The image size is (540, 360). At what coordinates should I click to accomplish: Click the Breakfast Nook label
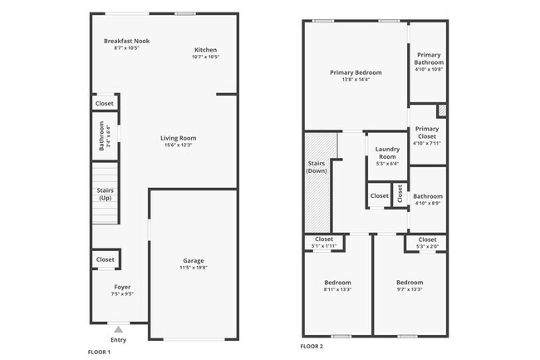pyautogui.click(x=126, y=41)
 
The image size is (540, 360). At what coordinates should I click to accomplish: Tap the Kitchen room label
pyautogui.click(x=205, y=49)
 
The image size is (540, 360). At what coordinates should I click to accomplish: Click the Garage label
pyautogui.click(x=194, y=260)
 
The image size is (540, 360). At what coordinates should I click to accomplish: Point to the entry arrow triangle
pyautogui.click(x=118, y=330)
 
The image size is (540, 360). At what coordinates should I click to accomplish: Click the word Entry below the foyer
pyautogui.click(x=118, y=340)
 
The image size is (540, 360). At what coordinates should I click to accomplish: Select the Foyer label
pyautogui.click(x=122, y=287)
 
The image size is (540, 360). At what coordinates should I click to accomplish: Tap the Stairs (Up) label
pyautogui.click(x=106, y=195)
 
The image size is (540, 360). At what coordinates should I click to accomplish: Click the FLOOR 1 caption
pyautogui.click(x=99, y=352)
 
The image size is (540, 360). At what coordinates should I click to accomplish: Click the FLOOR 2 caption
pyautogui.click(x=312, y=346)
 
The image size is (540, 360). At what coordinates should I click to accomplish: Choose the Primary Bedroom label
pyautogui.click(x=355, y=72)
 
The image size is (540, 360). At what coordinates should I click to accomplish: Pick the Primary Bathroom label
pyautogui.click(x=429, y=58)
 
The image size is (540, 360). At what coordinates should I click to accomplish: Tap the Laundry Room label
pyautogui.click(x=387, y=153)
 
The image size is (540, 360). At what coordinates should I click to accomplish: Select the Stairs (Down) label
pyautogui.click(x=317, y=166)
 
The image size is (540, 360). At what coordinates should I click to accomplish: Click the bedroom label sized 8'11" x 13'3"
pyautogui.click(x=337, y=283)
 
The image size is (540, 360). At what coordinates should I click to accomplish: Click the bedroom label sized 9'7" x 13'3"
pyautogui.click(x=410, y=283)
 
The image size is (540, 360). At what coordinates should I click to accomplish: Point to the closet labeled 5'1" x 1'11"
pyautogui.click(x=324, y=239)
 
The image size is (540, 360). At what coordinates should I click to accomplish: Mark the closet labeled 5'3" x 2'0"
pyautogui.click(x=427, y=239)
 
